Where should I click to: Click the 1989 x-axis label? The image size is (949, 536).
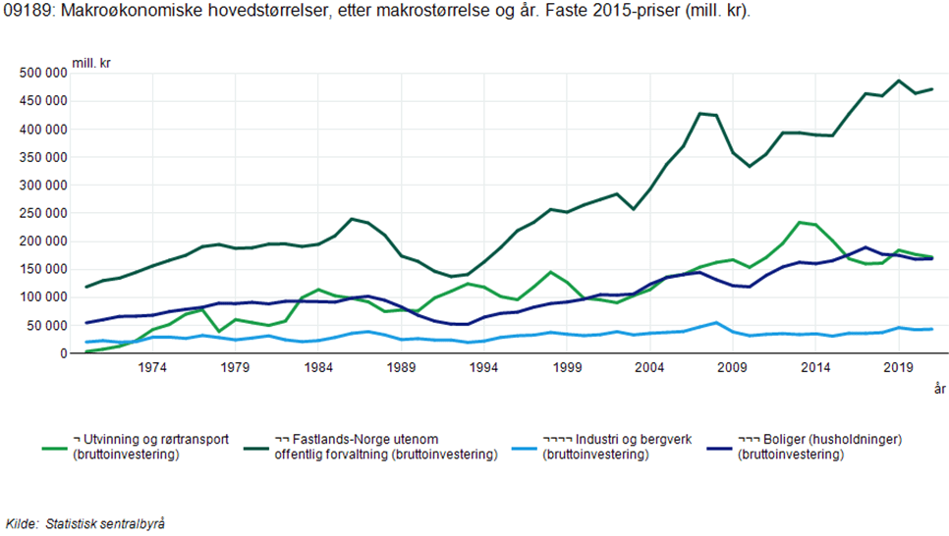tap(400, 368)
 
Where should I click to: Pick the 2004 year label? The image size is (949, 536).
tap(648, 368)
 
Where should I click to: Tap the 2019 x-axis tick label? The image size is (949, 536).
tap(897, 368)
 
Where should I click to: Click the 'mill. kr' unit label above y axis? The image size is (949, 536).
tap(91, 63)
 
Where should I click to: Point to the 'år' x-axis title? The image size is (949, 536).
tap(938, 390)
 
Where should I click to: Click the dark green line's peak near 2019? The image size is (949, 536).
tap(898, 80)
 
